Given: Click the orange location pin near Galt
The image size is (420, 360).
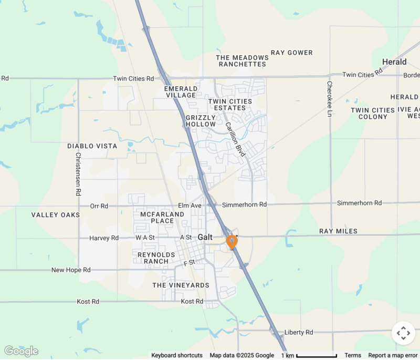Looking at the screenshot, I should (x=232, y=241).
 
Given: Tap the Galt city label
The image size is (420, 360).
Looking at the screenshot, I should (x=205, y=238).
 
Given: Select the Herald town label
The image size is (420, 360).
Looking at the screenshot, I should (x=394, y=62).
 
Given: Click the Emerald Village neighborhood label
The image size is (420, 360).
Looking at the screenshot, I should (x=181, y=92).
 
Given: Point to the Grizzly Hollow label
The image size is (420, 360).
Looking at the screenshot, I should (x=201, y=121).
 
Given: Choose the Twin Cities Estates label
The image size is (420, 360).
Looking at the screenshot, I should (x=230, y=105).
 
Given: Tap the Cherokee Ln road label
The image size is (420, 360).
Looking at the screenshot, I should (x=330, y=99).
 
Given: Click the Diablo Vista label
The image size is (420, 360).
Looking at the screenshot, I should (x=92, y=146).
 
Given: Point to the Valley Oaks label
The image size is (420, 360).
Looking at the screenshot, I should (x=56, y=215).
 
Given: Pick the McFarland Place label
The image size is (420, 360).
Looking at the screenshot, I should (x=162, y=218).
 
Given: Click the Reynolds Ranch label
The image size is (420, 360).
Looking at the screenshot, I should (x=153, y=258).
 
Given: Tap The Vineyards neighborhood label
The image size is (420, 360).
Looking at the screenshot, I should (x=181, y=285).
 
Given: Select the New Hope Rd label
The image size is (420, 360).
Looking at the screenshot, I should (x=71, y=270).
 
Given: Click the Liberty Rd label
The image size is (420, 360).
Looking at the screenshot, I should (x=299, y=332).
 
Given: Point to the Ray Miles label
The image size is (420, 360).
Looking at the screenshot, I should (x=338, y=231).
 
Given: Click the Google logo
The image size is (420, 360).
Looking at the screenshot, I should (x=21, y=351).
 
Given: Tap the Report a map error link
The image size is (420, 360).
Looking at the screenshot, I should (x=393, y=355).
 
